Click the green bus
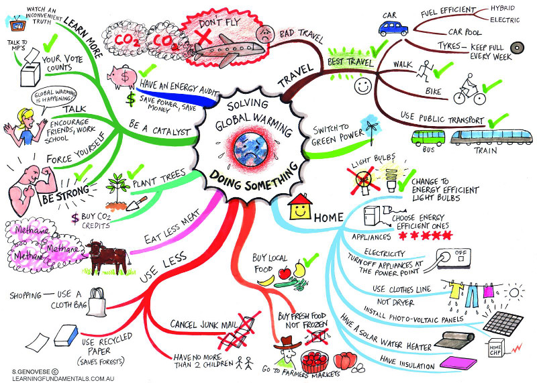(427, 139)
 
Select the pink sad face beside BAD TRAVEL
(266, 34)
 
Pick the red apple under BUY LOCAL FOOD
(285, 273)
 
